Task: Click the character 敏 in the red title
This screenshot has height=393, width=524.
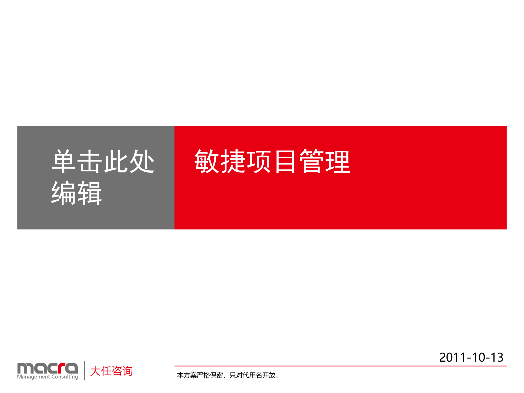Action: tap(207, 162)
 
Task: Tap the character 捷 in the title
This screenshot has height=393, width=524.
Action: tap(233, 162)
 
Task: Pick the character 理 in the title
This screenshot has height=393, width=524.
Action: tap(338, 162)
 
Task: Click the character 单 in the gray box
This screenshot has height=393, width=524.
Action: tap(64, 162)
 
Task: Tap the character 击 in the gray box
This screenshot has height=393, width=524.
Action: tap(90, 162)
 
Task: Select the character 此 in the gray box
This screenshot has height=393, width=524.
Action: tap(116, 162)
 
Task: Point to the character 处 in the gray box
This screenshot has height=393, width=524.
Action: tap(142, 162)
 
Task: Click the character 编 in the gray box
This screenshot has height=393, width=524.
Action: tap(64, 193)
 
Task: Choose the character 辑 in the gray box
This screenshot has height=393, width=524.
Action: tap(90, 193)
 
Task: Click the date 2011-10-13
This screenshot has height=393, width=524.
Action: tap(471, 357)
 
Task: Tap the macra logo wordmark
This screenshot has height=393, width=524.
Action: tap(47, 368)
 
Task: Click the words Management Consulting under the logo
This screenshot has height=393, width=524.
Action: tap(47, 377)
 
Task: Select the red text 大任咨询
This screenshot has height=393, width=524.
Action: tap(111, 371)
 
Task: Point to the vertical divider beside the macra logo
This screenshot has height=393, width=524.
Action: tap(84, 370)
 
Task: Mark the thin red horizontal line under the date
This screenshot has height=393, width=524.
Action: tap(340, 366)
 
